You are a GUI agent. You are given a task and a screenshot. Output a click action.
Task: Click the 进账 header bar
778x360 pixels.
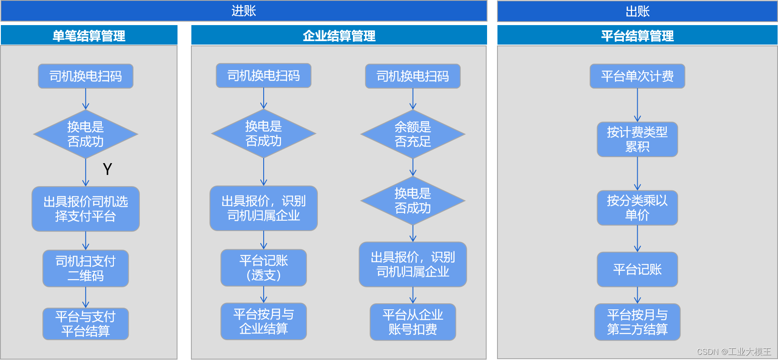244,11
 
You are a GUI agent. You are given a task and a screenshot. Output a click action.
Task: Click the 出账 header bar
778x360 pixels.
637,11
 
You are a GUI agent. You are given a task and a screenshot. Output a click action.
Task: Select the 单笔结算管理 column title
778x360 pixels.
89,35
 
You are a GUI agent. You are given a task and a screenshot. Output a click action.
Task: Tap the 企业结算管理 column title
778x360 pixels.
339,35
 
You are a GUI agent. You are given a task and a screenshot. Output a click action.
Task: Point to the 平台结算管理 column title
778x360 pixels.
637,35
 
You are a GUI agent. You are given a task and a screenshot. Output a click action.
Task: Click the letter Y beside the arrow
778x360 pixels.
107,169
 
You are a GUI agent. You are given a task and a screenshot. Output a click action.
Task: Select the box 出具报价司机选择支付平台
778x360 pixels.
86,209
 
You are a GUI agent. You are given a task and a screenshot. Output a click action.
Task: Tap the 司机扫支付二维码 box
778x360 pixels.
86,268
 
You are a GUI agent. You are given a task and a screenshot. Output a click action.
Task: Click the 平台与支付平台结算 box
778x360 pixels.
86,324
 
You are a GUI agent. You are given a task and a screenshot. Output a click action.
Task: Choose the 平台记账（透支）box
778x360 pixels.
264,267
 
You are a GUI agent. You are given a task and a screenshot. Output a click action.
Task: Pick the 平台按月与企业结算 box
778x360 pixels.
264,321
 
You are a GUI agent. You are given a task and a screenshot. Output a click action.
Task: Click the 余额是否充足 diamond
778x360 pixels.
413,134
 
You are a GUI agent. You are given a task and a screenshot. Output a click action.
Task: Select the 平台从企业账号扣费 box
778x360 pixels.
413,322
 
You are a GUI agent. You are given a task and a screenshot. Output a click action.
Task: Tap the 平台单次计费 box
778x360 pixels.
637,76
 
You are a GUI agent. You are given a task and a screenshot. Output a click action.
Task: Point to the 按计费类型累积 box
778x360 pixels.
637,139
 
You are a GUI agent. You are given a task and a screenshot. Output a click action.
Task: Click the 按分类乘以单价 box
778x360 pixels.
637,208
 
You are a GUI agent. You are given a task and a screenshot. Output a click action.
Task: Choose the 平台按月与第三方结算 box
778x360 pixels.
637,322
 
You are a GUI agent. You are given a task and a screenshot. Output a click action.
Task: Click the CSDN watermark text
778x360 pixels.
733,352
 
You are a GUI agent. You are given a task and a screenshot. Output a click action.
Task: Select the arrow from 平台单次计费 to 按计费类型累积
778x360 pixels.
637,105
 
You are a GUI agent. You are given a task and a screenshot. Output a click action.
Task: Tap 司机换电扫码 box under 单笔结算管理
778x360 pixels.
86,76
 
